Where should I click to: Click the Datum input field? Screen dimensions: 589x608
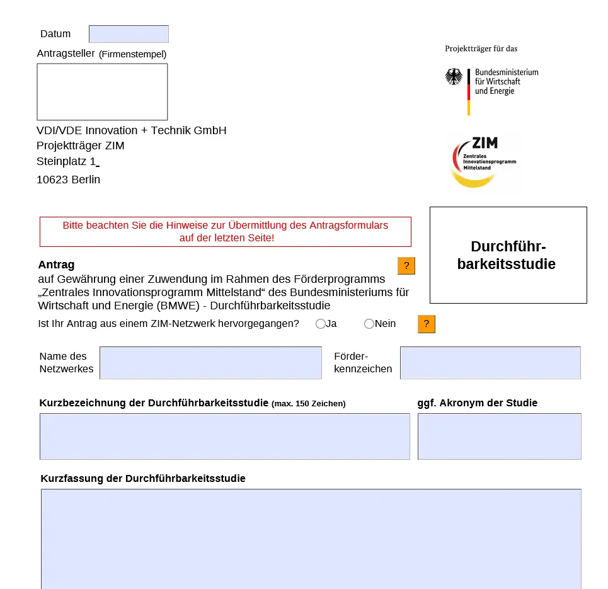129,34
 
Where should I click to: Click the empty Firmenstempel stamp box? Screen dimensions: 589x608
102,91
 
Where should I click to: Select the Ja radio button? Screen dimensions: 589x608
321,324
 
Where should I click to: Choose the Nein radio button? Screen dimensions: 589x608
369,324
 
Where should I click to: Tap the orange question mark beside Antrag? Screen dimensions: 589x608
406,266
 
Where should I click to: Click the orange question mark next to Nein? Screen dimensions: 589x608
427,324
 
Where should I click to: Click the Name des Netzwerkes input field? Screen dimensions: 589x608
210,363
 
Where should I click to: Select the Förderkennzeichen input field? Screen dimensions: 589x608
490,363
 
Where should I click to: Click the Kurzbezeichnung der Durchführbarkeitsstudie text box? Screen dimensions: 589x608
224,437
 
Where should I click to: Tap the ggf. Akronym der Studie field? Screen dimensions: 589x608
499,437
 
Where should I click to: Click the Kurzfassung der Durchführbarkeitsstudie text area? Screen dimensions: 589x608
311,539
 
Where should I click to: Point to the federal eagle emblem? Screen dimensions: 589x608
454,77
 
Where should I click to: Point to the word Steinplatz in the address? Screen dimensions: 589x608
62,162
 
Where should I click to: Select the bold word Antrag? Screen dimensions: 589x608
56,265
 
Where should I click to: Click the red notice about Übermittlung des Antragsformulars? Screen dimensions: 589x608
225,232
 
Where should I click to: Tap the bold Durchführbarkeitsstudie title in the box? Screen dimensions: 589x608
508,255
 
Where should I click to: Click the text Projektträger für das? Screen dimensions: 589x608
481,49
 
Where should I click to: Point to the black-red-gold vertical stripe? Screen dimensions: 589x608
468,92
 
